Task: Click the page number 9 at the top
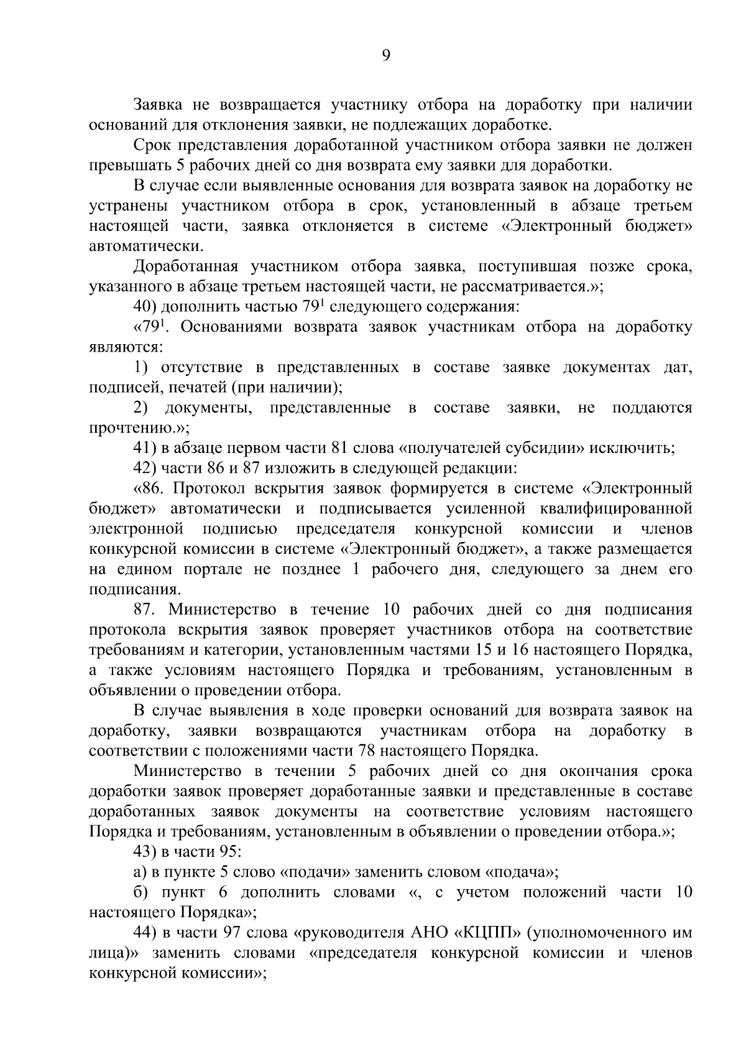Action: [385, 56]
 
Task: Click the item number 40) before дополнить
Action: [145, 307]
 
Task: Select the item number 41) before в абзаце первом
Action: [145, 448]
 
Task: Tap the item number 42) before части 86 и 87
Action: [145, 468]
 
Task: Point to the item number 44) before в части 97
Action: [145, 933]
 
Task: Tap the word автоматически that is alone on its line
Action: [145, 246]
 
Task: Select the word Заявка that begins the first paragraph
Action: [156, 105]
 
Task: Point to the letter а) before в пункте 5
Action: [139, 872]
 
